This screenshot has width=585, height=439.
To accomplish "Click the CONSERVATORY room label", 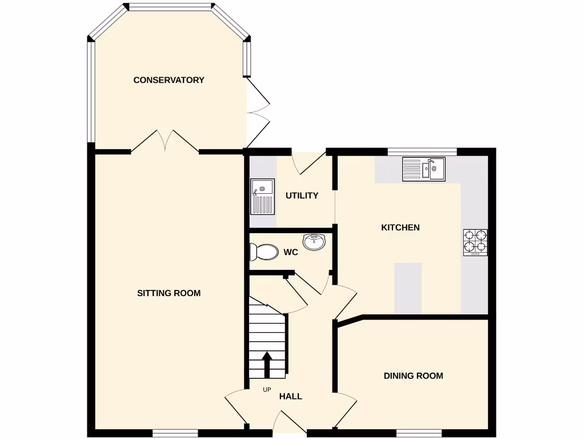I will pos(169,80).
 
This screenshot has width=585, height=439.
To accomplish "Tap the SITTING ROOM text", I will pos(169,293).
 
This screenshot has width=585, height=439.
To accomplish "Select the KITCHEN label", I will pos(400,228).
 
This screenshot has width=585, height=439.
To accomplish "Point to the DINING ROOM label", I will pos(413,376).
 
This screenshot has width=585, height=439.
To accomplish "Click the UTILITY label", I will pos(302,195).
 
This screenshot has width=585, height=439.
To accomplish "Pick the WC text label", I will pos(291,252).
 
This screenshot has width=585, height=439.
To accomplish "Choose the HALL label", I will pos(291,396).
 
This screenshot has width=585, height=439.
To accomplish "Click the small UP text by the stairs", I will pos(267,390).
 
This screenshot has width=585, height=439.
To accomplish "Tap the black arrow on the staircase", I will pos(267,364).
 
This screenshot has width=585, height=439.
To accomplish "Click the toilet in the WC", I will pos(262,252).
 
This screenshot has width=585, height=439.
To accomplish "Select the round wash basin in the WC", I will pos(314,242).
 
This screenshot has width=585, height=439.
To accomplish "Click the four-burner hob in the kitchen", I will pos(475,242).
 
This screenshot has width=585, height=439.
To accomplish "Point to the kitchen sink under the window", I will pos(424,169).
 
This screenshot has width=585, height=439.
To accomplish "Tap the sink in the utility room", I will pos(263,196).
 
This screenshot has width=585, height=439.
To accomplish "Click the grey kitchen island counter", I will pos(408,288).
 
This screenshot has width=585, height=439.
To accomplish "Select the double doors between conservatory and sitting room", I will pos(165,142).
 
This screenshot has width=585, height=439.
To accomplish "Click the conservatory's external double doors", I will pos(258,114).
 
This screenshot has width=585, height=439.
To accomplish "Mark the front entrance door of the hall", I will pos(291,424).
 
